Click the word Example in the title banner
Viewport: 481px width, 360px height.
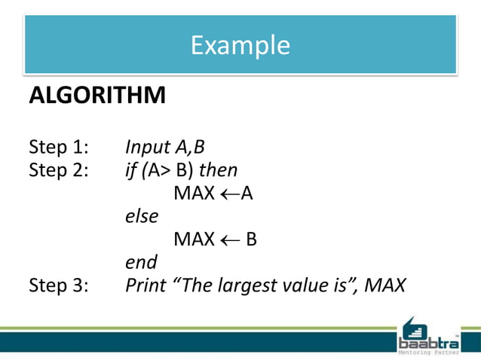coord(240,45)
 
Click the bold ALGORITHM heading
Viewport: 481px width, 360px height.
coord(97,96)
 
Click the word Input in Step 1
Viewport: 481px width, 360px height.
coord(146,146)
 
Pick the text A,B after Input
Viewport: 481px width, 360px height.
coord(187,146)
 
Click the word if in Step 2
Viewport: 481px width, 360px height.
coord(130,169)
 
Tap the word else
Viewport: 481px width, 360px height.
coord(141,216)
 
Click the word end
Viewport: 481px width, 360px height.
coord(141,262)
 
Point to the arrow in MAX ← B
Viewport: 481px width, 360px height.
coord(231,239)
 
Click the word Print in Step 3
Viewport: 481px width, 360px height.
coord(145,285)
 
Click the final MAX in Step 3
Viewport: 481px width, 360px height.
coord(384,285)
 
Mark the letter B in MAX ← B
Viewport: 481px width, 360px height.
coord(251,239)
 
